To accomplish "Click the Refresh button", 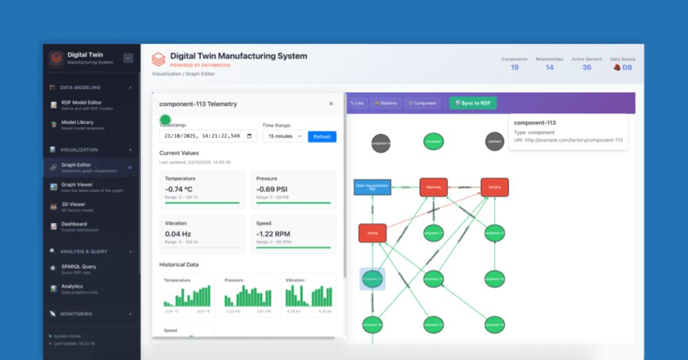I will (x=322, y=136).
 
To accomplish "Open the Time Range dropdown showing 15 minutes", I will (x=282, y=136).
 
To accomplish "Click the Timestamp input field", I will (x=208, y=136).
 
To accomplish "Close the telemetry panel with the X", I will (x=331, y=104).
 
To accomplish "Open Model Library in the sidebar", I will (x=77, y=125).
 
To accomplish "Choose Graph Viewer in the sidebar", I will (x=77, y=187).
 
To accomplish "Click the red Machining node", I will (x=433, y=187).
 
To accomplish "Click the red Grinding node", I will (x=494, y=187).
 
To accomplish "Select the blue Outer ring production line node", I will (x=372, y=187).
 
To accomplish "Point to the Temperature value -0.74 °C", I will (x=179, y=189).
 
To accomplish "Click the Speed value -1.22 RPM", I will (x=274, y=233).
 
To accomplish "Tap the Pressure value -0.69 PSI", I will (x=272, y=189).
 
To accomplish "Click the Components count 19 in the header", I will (x=515, y=67).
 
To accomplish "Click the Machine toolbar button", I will (x=386, y=103).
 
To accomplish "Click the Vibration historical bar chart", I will (x=309, y=296).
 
